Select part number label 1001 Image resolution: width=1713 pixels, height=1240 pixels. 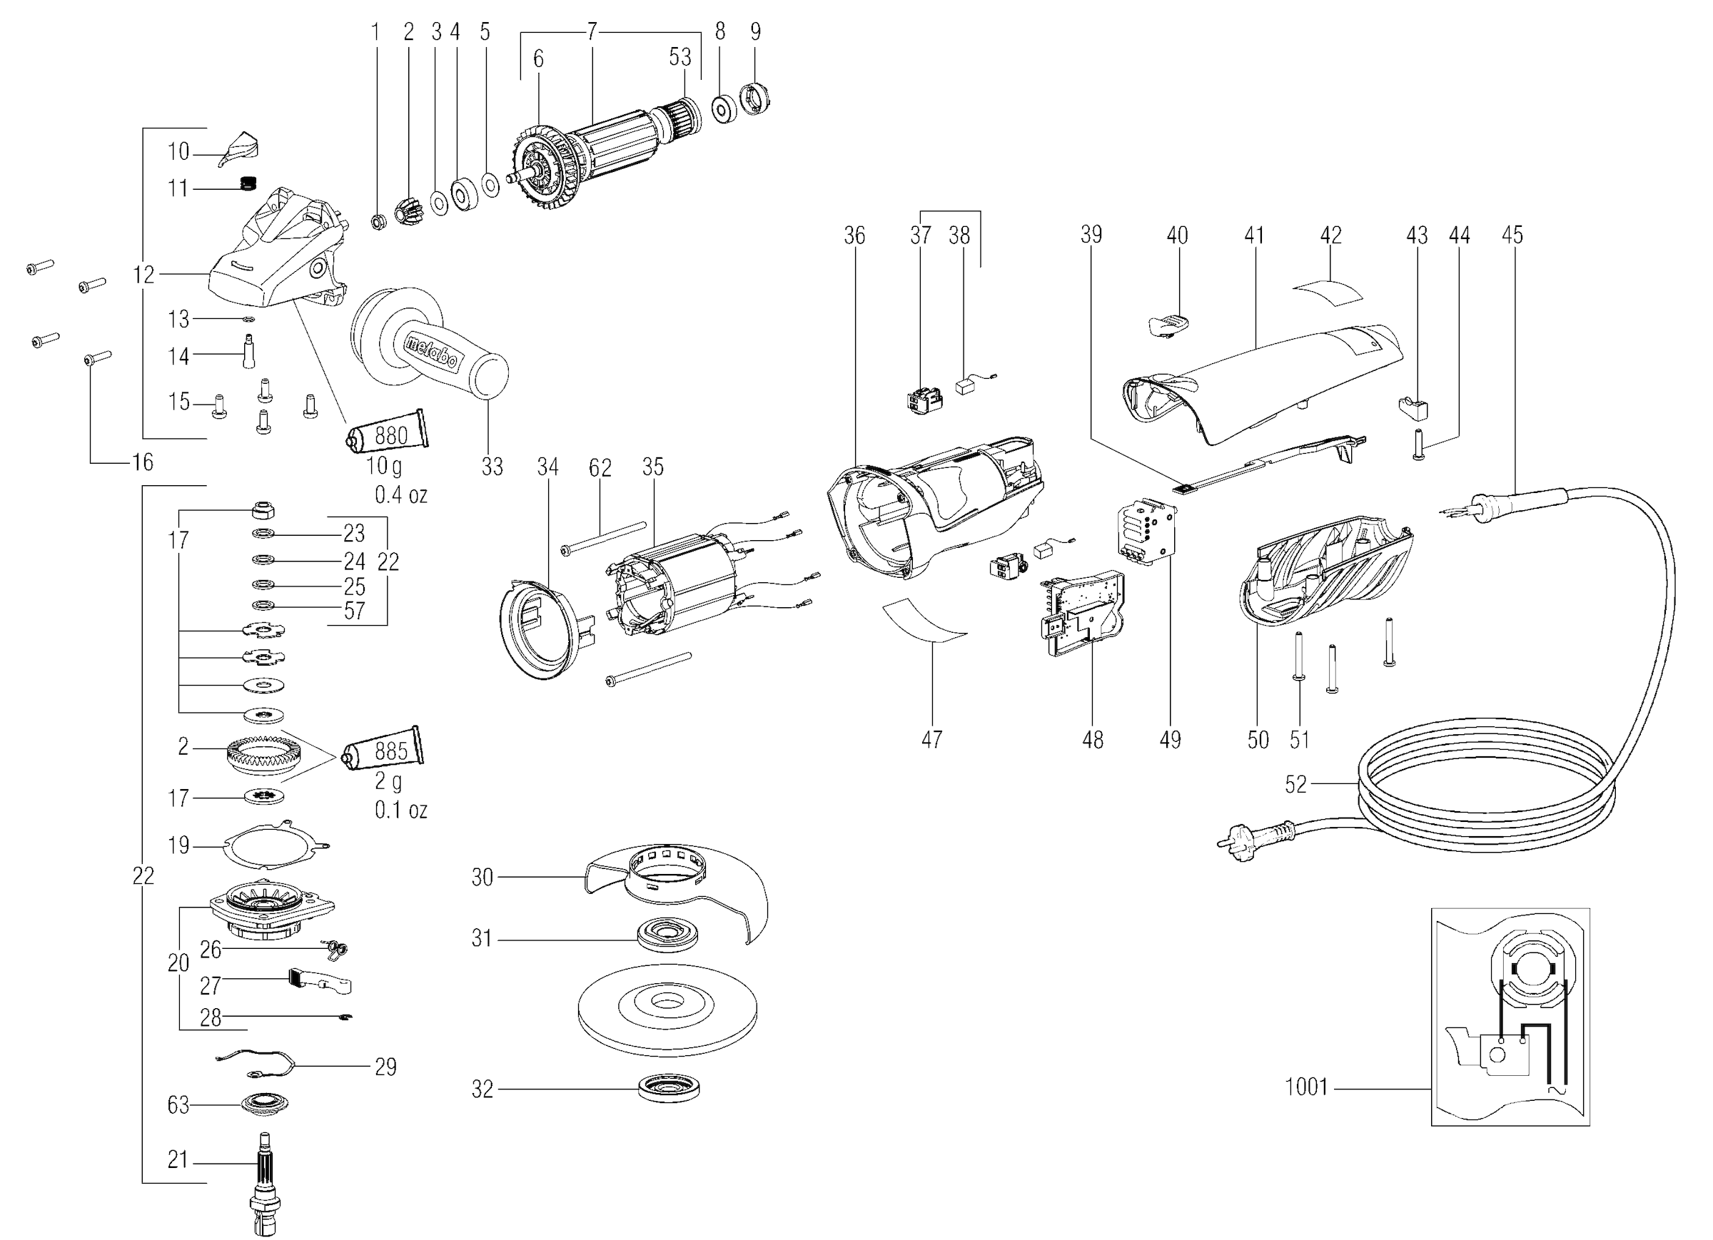pyautogui.click(x=1306, y=1087)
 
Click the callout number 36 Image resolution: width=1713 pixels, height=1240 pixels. pyautogui.click(x=854, y=235)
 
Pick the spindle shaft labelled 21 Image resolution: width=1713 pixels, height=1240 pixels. pyautogui.click(x=265, y=1181)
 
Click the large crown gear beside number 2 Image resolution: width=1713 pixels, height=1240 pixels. pyautogui.click(x=258, y=753)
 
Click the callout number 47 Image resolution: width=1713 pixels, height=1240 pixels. pyautogui.click(x=931, y=738)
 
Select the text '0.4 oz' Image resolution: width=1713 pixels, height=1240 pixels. pyautogui.click(x=401, y=494)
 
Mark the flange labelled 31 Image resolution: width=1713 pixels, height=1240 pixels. pyautogui.click(x=667, y=935)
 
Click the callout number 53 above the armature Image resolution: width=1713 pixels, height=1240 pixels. pyautogui.click(x=679, y=56)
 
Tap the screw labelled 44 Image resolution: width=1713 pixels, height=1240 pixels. pyautogui.click(x=1418, y=444)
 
